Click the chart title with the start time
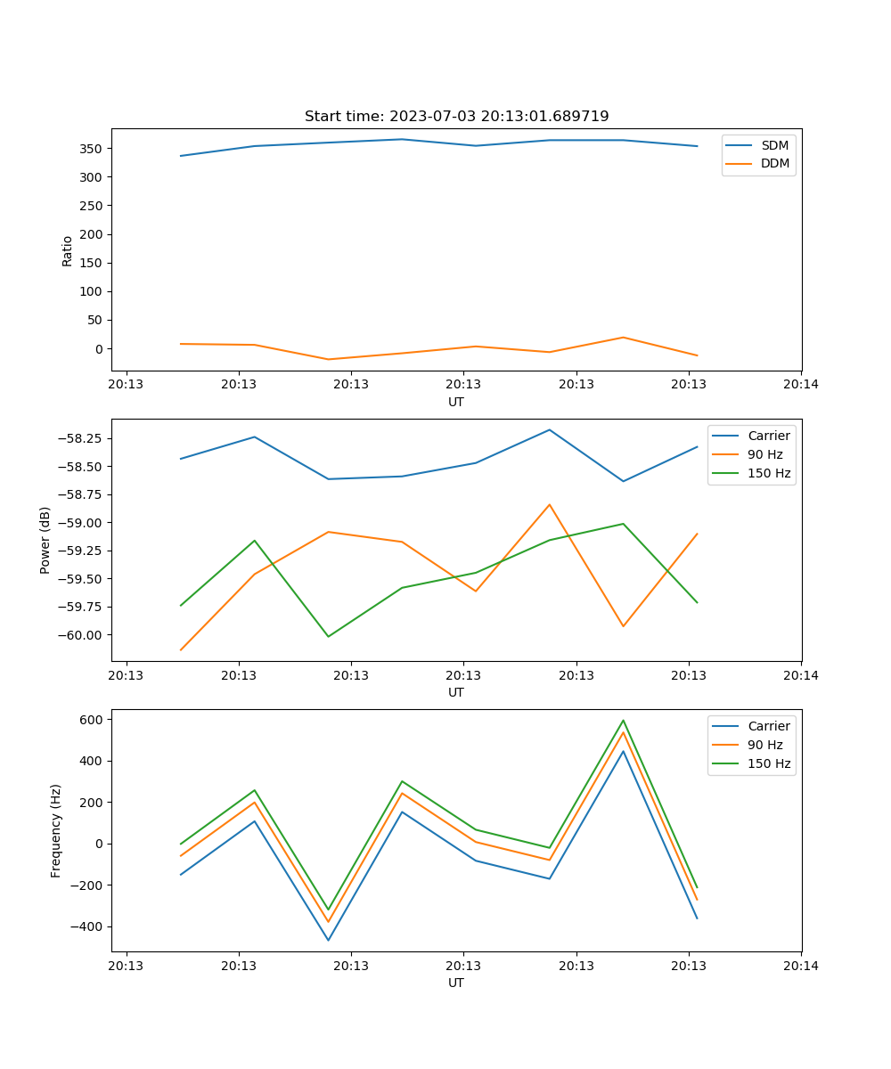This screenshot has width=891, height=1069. point(456,117)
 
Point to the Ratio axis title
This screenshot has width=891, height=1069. point(68,251)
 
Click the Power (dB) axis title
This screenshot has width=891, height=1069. point(45,540)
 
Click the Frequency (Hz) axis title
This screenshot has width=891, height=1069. point(56,830)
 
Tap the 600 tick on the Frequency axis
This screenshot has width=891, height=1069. point(94,719)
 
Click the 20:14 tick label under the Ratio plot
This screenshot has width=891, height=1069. point(801,385)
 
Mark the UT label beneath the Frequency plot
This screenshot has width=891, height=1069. point(456,983)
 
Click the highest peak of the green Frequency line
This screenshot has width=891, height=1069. point(623,721)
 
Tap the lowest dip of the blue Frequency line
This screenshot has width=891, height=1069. point(328,940)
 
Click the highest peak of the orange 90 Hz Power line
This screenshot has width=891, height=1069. point(550,504)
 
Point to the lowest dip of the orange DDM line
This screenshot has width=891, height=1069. point(328,360)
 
